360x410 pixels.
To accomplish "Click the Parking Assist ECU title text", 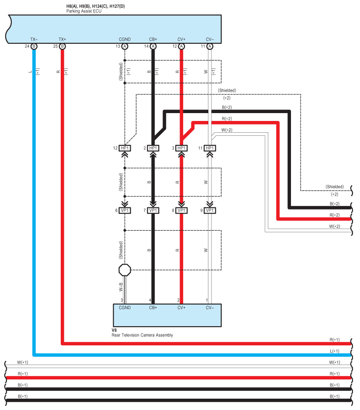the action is (x=84, y=11).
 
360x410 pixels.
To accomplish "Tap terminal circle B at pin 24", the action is (x=34, y=47).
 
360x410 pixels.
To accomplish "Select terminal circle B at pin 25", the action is (x=62, y=47).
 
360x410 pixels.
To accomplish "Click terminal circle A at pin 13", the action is (x=125, y=47).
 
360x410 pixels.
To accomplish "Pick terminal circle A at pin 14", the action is (x=153, y=47).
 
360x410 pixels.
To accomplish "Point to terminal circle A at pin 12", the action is (x=181, y=47).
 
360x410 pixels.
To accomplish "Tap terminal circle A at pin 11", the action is (x=210, y=47).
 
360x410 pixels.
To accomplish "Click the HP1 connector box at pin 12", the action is (x=125, y=148).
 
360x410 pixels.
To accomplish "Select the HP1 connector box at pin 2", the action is (x=153, y=148).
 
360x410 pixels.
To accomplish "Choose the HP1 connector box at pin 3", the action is (x=181, y=148).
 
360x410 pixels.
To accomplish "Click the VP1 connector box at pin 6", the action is (x=125, y=210).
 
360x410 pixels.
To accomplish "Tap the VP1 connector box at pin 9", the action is (x=210, y=210).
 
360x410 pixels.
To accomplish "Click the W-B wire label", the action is (x=121, y=287).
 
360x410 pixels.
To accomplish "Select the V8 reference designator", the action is (x=114, y=330).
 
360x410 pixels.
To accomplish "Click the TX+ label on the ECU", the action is (x=62, y=39).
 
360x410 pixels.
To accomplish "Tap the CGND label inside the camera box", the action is (x=125, y=308).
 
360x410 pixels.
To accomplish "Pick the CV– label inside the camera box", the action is (x=210, y=308).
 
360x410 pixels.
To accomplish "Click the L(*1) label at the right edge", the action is (x=335, y=351).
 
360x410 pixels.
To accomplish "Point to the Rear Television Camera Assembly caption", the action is (x=142, y=335).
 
